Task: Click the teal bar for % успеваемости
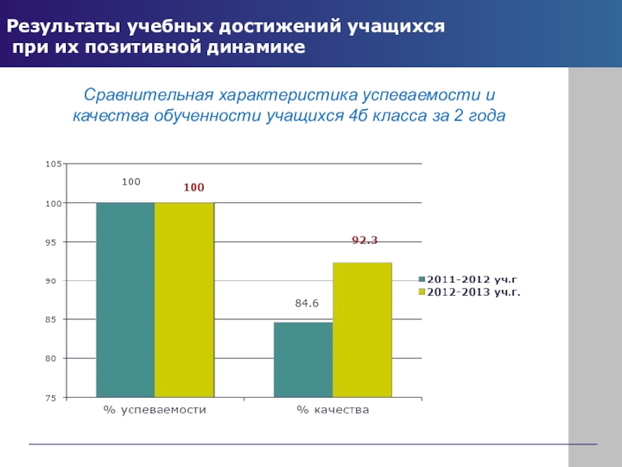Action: coord(125,300)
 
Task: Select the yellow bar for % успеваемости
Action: coord(184,300)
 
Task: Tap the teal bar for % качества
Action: coord(303,359)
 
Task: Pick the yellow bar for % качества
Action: coord(362,329)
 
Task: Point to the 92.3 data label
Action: coord(365,241)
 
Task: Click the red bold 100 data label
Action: coord(194,188)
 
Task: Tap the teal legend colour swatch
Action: coord(422,279)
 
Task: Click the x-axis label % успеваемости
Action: coord(155,410)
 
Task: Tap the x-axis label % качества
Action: coord(333,410)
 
